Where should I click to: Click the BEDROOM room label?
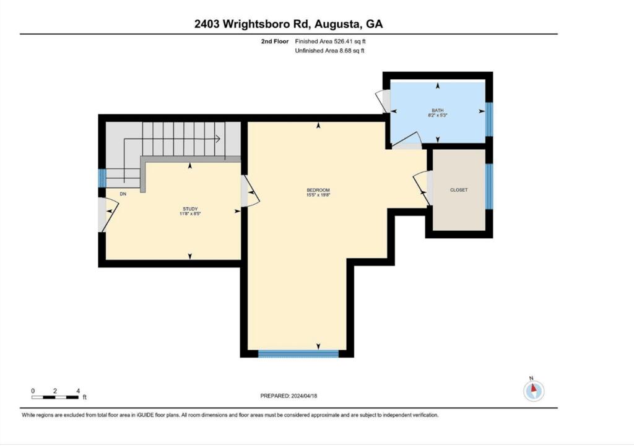pos(318,190)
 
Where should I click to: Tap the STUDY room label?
pos(190,209)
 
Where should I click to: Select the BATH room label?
pos(438,110)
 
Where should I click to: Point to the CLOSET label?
pos(459,190)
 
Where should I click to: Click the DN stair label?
pos(123,194)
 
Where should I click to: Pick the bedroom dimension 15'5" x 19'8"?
pos(318,195)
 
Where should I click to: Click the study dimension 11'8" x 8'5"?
pos(190,213)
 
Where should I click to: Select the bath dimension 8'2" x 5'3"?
pos(438,115)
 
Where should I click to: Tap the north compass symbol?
pos(534,390)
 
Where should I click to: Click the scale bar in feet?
pos(55,397)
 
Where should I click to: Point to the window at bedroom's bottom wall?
pos(298,354)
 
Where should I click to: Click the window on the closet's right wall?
pos(489,186)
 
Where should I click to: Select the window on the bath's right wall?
pos(489,119)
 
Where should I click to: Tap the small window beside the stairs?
pos(102,178)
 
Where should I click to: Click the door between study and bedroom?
pos(250,191)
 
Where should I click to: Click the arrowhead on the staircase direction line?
pos(217,139)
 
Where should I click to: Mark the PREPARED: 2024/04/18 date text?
pos(289,396)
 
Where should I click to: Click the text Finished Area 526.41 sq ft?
pos(331,41)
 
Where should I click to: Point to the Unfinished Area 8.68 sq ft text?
pos(329,51)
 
